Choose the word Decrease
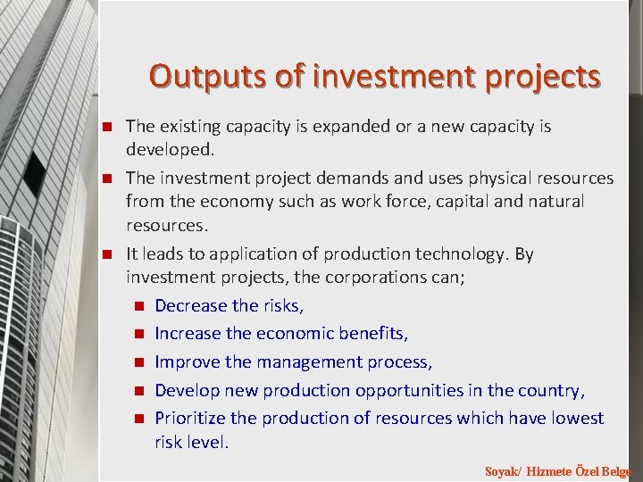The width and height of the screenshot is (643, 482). [191, 305]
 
